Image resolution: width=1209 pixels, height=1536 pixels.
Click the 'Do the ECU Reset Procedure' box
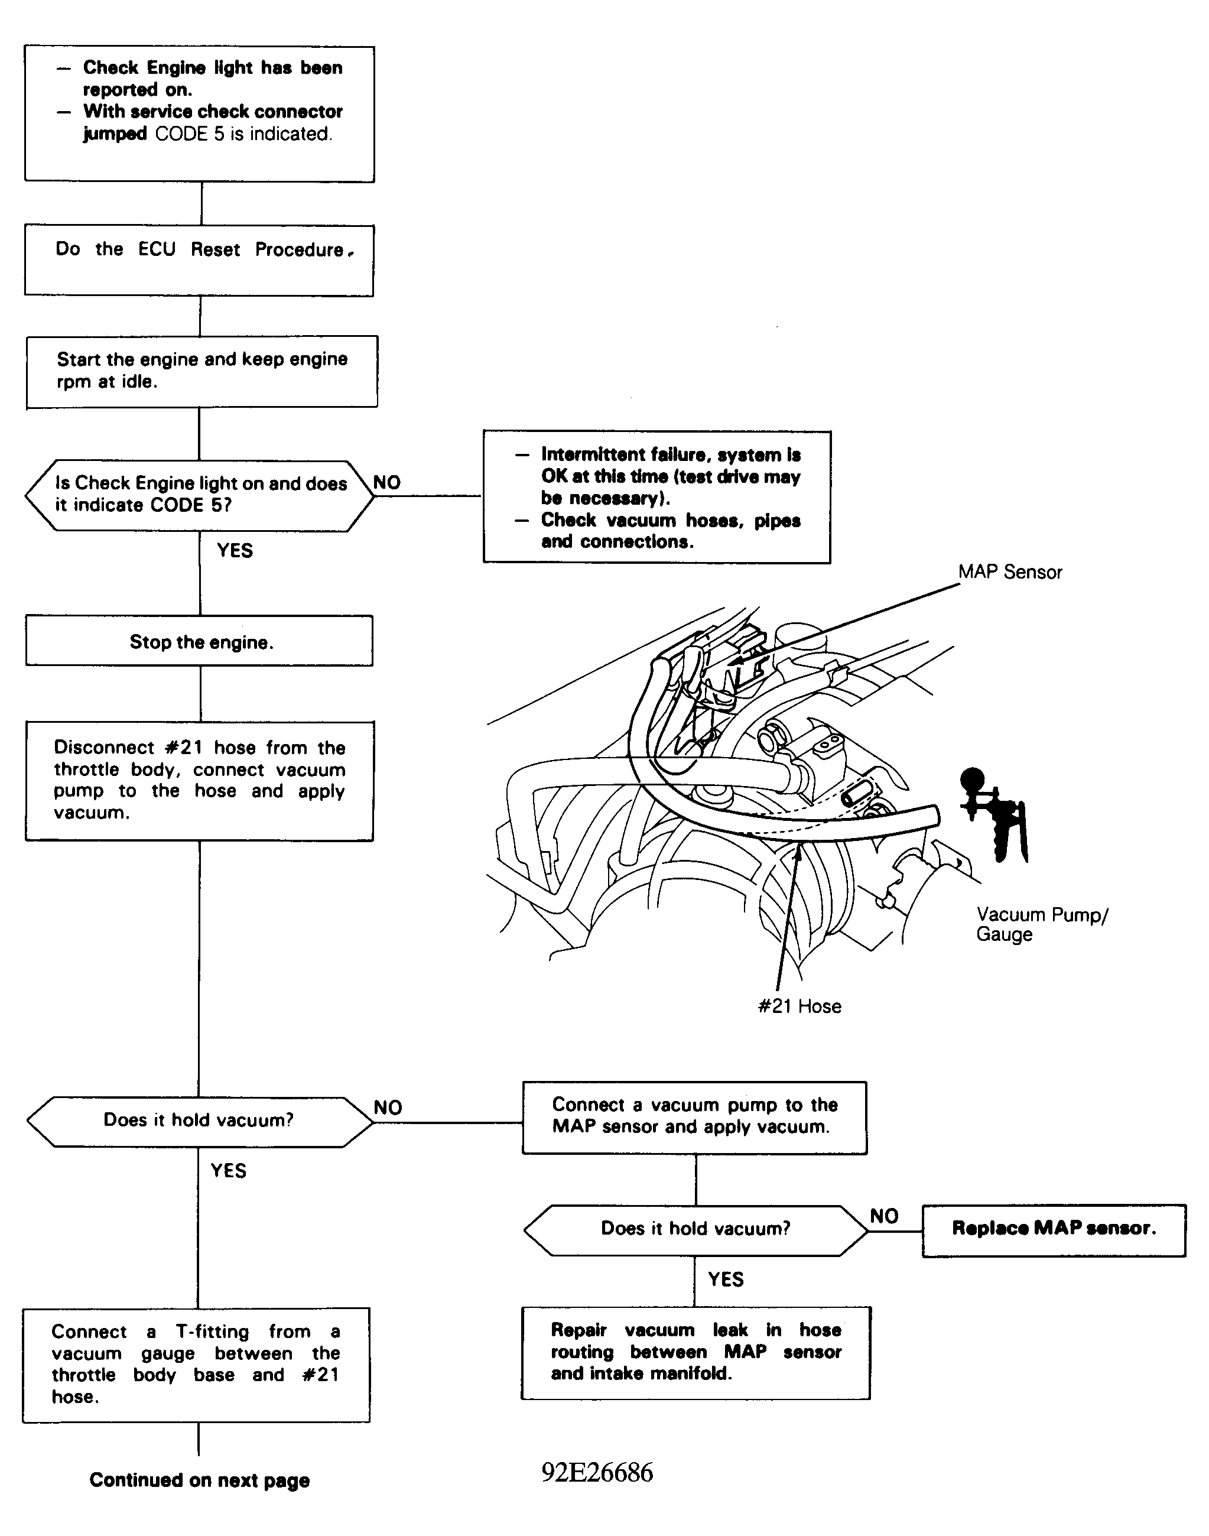click(199, 260)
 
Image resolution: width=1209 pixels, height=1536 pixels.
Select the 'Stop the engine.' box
click(200, 641)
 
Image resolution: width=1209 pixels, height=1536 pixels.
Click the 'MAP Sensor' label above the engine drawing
click(1009, 572)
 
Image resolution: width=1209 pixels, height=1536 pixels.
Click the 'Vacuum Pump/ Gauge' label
click(1041, 924)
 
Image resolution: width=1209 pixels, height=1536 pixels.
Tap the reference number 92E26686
click(597, 1472)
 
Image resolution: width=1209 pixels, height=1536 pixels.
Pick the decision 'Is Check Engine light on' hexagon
click(200, 495)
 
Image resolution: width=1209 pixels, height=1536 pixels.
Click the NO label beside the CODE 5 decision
click(386, 483)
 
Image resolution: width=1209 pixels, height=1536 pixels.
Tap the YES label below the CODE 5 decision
click(235, 551)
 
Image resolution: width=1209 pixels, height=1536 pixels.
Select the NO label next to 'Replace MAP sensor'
click(883, 1216)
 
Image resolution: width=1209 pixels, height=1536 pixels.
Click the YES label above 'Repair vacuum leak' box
click(726, 1279)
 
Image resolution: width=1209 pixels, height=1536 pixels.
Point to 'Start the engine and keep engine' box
click(201, 371)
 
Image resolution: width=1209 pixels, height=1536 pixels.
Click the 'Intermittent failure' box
click(657, 497)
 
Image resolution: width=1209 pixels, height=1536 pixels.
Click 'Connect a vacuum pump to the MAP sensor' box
click(694, 1118)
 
